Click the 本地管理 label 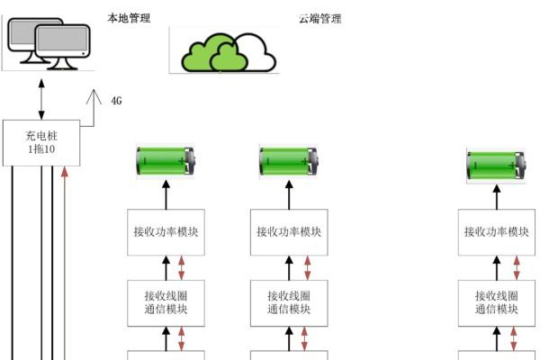tap(129, 18)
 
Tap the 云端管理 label tap(320, 18)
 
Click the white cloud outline tap(256, 52)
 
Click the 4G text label tap(116, 100)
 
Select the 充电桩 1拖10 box tap(41, 142)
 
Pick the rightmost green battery tap(495, 166)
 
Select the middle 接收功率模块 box tap(289, 231)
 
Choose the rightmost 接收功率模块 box tap(496, 231)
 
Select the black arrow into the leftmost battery tap(166, 193)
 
